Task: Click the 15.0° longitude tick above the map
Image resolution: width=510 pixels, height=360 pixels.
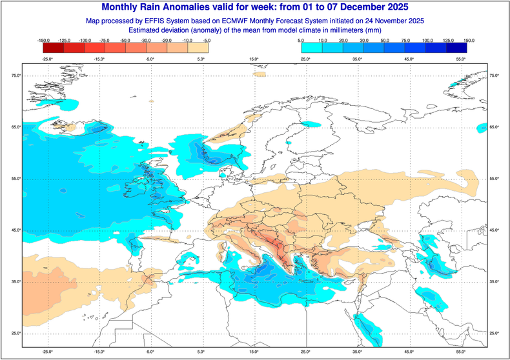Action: (x=254, y=59)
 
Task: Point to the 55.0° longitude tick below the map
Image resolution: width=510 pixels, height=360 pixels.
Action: (x=460, y=352)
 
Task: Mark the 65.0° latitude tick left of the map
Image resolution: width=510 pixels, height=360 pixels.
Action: (x=14, y=127)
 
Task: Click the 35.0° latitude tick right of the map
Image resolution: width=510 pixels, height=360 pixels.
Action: (x=495, y=282)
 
